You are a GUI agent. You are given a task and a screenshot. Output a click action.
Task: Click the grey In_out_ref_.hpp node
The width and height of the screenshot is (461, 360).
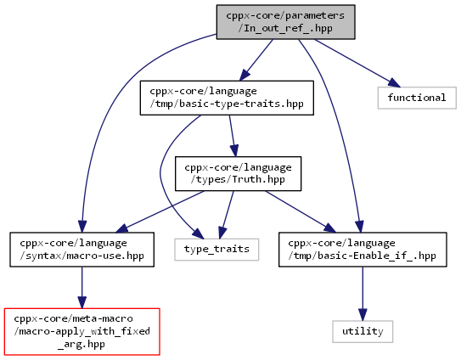click(285, 22)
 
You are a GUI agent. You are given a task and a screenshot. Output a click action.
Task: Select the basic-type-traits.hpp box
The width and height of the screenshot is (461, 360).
click(227, 98)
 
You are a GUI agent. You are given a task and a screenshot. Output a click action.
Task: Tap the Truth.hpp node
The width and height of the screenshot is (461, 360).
click(239, 173)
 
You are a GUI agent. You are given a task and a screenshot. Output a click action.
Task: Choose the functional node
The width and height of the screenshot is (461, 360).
click(417, 98)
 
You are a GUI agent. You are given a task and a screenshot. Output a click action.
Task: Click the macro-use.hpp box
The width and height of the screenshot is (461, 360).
click(82, 250)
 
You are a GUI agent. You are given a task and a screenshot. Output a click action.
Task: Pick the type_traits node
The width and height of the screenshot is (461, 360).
click(216, 250)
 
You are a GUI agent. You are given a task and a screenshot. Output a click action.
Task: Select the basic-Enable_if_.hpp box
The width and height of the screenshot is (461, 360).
click(363, 250)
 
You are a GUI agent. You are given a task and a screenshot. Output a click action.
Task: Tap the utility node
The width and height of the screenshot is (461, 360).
click(363, 331)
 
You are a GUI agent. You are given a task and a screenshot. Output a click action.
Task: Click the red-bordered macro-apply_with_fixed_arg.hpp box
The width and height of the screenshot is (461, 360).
click(82, 331)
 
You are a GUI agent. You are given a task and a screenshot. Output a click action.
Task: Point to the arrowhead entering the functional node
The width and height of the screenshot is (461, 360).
click(395, 83)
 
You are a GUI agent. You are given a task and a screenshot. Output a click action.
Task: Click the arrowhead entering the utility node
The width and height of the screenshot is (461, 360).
click(363, 315)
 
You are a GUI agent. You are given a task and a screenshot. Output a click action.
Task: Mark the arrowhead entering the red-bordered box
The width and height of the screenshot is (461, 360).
click(82, 302)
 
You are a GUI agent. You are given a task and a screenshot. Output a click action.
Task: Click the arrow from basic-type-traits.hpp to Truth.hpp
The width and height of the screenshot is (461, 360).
click(233, 136)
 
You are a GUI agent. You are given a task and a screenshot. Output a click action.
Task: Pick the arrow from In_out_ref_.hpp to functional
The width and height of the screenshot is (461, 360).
click(357, 63)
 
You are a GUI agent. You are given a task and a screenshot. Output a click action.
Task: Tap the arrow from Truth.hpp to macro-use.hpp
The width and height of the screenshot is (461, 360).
click(160, 211)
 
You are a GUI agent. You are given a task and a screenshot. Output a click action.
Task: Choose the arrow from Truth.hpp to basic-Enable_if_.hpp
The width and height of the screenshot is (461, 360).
click(301, 211)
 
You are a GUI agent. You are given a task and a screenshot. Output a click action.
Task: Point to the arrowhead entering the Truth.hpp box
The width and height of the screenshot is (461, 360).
click(234, 150)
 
